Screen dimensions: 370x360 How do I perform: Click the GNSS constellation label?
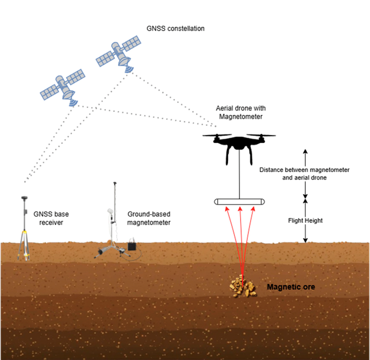tap(175, 29)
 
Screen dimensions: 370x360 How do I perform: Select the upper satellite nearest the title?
tap(118, 53)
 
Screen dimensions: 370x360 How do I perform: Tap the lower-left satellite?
tap(63, 87)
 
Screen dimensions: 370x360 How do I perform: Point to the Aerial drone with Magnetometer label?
tap(241, 112)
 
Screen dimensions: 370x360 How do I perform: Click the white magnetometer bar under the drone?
tap(239, 202)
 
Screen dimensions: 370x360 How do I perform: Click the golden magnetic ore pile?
tap(243, 287)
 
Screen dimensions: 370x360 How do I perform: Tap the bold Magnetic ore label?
tap(291, 287)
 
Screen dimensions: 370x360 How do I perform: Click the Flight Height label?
tap(305, 221)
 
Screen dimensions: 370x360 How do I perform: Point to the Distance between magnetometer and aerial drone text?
tap(304, 174)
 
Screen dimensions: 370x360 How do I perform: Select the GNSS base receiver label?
tap(51, 218)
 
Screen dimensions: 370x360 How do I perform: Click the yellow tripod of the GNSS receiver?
tap(24, 246)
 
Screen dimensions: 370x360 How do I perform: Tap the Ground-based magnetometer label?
tap(149, 218)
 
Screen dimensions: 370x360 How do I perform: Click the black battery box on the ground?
tap(132, 246)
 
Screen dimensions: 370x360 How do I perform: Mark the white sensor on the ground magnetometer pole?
tap(110, 211)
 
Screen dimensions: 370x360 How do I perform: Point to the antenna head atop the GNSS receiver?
tap(24, 198)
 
